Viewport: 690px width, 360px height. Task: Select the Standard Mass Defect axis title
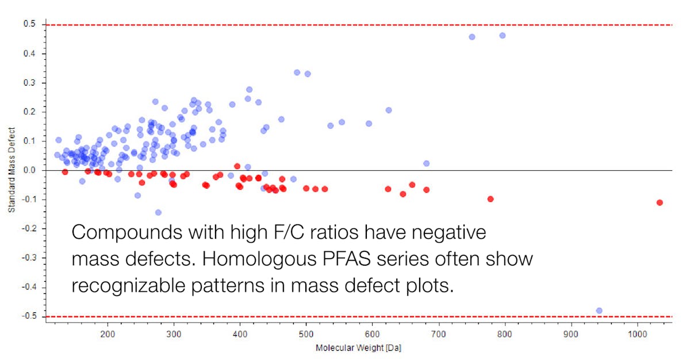(11, 171)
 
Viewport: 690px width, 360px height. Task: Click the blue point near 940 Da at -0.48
(599, 311)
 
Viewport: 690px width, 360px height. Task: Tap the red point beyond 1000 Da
(660, 202)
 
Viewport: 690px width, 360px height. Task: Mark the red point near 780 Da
(490, 199)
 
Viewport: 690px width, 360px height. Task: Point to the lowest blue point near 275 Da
(158, 212)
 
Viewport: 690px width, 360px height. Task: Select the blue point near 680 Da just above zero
(426, 163)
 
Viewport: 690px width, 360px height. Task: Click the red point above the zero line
(237, 166)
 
